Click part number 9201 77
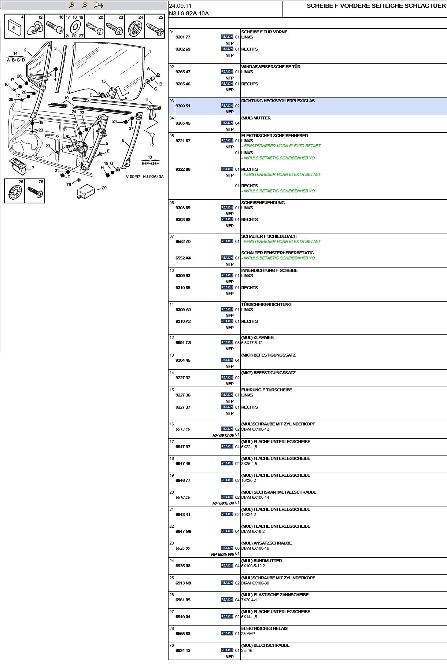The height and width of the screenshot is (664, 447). [183, 37]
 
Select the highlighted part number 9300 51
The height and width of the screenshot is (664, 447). [183, 106]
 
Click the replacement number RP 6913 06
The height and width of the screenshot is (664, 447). [223, 435]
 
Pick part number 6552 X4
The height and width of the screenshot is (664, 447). [183, 258]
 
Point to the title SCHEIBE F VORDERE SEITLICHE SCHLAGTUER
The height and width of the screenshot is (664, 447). [376, 6]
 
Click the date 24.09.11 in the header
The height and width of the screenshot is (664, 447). [180, 6]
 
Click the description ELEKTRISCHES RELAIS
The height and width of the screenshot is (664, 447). [264, 628]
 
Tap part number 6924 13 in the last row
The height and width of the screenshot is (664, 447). [183, 650]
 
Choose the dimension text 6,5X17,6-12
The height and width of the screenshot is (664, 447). [252, 343]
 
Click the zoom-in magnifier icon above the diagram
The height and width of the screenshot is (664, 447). [71, 5]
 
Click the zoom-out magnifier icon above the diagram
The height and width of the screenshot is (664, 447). [84, 5]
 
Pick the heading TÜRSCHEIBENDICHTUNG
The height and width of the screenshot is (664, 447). [266, 305]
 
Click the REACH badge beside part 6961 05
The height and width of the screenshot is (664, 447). [227, 600]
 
